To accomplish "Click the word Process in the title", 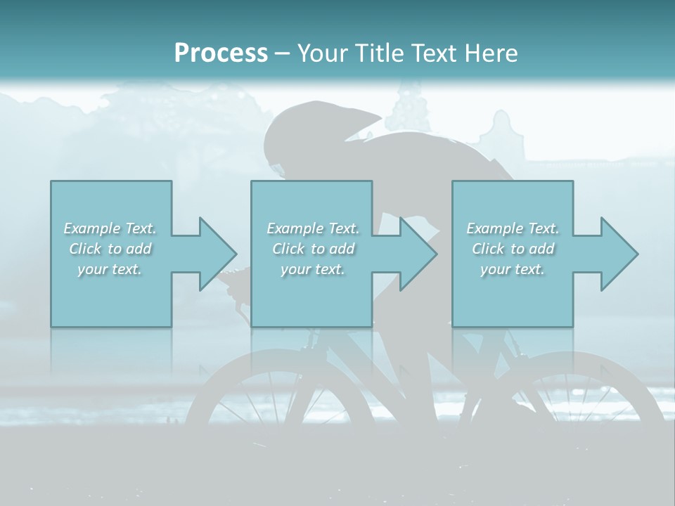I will click(x=221, y=53).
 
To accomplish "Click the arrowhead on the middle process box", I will click(x=417, y=254).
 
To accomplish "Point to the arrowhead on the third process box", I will click(x=618, y=254).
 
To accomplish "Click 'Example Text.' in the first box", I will click(x=110, y=228).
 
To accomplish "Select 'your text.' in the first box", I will click(x=110, y=269).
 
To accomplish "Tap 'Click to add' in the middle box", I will click(x=313, y=249).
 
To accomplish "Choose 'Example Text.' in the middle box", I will click(x=313, y=228).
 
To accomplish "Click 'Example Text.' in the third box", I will click(x=513, y=228).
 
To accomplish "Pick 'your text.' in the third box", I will click(x=513, y=269).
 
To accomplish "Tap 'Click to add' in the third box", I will click(x=513, y=249).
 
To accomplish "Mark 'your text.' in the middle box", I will click(x=313, y=269).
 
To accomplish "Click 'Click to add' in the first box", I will click(x=110, y=249).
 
